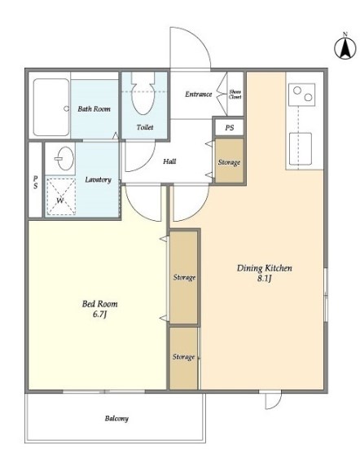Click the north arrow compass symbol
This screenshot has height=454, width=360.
click(x=345, y=48)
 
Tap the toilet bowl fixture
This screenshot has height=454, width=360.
click(x=142, y=93)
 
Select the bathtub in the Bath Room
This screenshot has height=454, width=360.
click(x=51, y=108)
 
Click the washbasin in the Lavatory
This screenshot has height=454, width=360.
click(x=65, y=158)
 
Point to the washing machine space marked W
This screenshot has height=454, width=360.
click(x=61, y=196)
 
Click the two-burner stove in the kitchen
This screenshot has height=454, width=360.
click(x=302, y=95)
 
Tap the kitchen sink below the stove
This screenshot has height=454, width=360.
click(x=301, y=149)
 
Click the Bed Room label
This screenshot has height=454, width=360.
click(x=100, y=304)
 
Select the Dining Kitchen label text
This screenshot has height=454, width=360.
click(x=264, y=268)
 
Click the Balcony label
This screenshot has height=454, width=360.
click(x=116, y=418)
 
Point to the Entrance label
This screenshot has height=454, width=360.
click(x=199, y=94)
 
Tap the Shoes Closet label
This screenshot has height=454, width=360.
click(x=235, y=95)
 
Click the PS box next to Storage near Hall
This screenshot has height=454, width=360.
click(x=229, y=127)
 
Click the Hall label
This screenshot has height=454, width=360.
click(x=169, y=161)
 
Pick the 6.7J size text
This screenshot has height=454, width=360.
click(x=100, y=314)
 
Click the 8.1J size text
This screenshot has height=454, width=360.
click(x=264, y=279)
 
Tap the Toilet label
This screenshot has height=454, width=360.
click(x=145, y=127)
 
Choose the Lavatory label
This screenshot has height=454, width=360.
click(x=98, y=180)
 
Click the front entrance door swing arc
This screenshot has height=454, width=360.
click(x=200, y=40)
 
